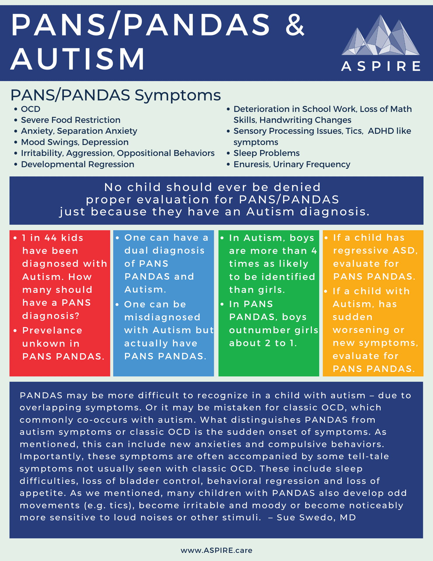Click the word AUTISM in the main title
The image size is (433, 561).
coord(78,59)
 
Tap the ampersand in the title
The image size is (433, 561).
coord(295,26)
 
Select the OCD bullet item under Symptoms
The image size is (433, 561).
coord(31,109)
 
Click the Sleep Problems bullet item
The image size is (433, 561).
coord(266,153)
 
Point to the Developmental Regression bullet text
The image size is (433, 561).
coord(77,164)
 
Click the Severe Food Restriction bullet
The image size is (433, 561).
coord(70,120)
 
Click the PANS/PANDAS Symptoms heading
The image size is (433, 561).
coord(116,95)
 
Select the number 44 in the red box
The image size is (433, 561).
coord(51,238)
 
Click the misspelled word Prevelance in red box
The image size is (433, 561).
coord(52,330)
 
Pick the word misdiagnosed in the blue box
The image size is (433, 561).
coord(162,317)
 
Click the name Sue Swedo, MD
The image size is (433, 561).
coord(316,517)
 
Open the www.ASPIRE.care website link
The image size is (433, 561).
coord(216,550)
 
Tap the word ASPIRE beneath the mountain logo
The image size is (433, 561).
coord(381,66)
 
